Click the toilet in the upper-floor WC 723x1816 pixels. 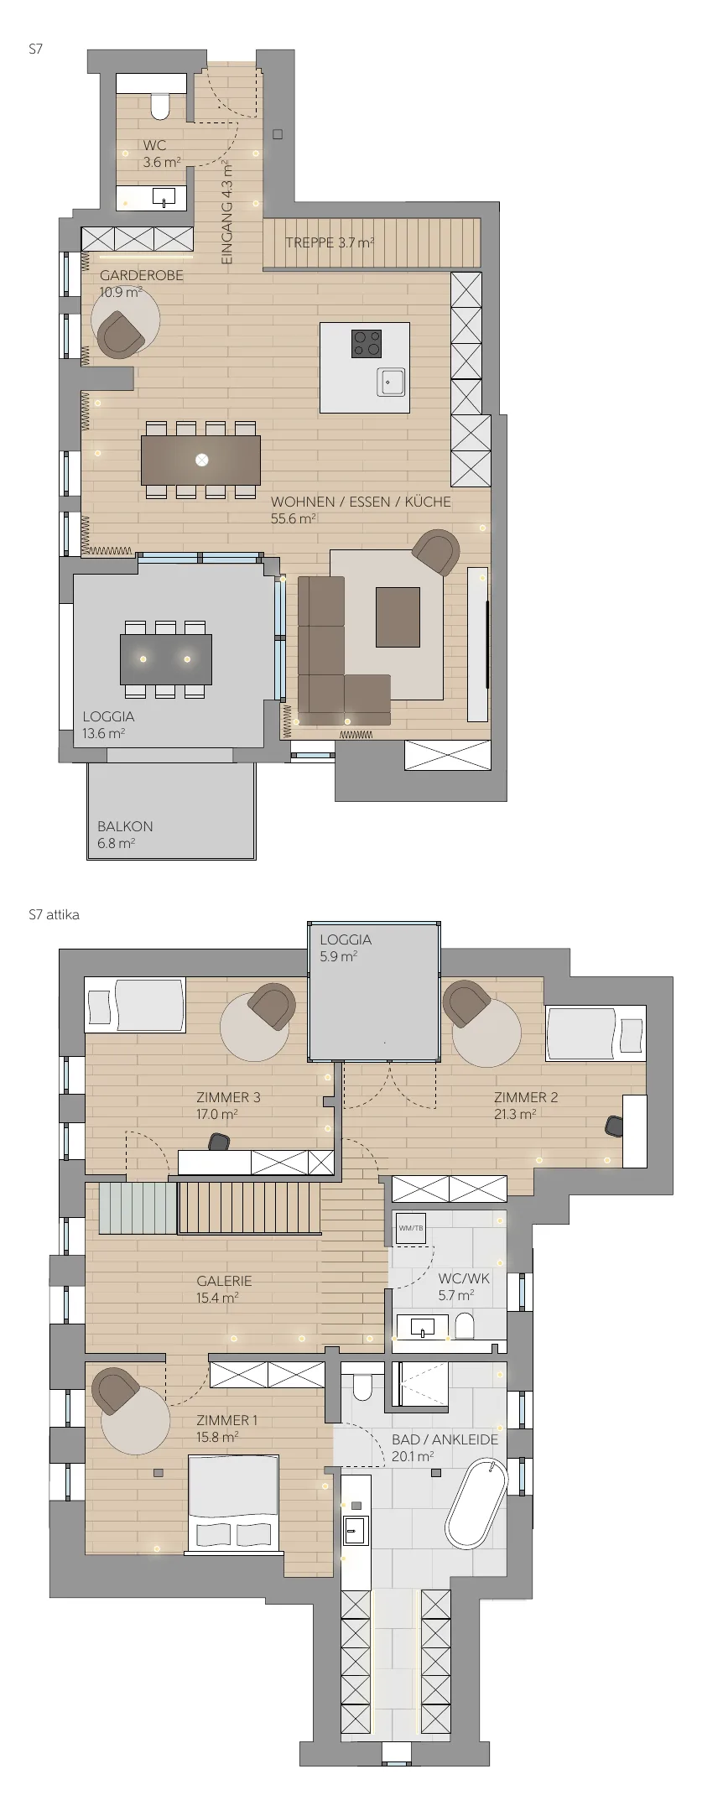465,1326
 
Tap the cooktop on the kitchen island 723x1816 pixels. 367,343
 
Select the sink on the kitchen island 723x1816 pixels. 391,382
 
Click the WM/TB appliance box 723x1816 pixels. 411,1229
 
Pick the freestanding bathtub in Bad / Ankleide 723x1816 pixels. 476,1504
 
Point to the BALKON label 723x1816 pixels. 125,826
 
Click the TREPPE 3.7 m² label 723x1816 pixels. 330,243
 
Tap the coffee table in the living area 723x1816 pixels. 398,617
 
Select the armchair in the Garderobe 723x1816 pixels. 121,334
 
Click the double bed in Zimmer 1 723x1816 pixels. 232,1502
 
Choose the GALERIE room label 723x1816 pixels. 224,1281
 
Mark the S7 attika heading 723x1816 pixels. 54,915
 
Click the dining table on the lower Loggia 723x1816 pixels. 166,659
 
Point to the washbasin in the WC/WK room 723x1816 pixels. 422,1326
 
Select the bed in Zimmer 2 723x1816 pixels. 596,1033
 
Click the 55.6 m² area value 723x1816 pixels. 293,519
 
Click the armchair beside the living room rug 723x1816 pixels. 436,553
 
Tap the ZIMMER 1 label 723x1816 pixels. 227,1420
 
